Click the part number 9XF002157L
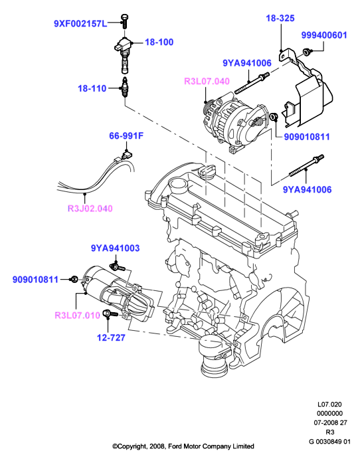[81, 23]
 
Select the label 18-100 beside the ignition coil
[159, 42]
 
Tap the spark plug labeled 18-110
[126, 87]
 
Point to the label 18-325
[280, 18]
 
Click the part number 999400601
[324, 35]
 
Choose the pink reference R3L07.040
[207, 81]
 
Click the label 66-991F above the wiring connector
[126, 136]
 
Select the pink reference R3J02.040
[90, 209]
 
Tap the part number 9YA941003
[116, 248]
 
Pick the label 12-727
[111, 337]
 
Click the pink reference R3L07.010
[78, 316]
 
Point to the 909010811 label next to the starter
[35, 280]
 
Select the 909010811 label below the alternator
[307, 137]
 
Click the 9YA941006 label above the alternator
[247, 63]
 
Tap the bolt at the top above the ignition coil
[125, 21]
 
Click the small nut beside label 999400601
[306, 52]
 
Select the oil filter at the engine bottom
[213, 356]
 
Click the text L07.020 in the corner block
[329, 405]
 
